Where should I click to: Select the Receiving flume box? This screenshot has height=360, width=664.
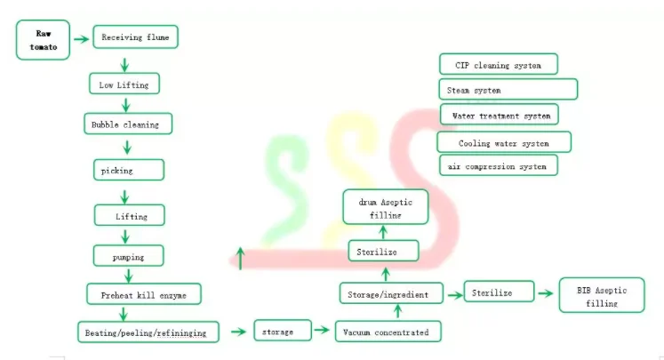tap(135, 37)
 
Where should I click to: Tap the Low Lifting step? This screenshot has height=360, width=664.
tap(124, 84)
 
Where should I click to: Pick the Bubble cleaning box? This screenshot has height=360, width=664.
tap(126, 124)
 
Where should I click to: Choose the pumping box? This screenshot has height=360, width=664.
tap(130, 257)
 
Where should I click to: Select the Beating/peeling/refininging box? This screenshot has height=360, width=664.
tap(148, 332)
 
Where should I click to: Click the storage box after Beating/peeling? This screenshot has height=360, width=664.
tap(283, 332)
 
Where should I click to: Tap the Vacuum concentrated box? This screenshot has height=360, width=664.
tap(387, 332)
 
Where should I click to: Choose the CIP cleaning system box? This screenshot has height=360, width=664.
tap(499, 65)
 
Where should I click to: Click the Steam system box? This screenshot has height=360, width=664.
tap(508, 90)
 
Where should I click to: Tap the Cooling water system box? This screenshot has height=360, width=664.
tap(504, 142)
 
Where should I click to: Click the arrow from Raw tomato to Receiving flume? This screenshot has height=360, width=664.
tap(82, 39)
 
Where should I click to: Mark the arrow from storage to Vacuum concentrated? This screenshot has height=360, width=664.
tap(324, 332)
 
